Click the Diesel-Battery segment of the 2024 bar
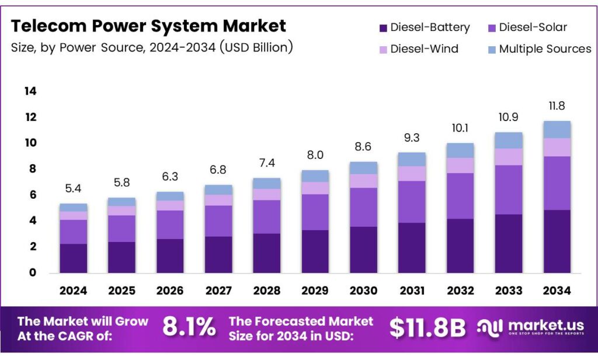point(74,258)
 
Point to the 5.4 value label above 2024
point(74,188)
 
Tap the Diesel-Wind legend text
point(424,49)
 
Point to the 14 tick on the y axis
point(30,91)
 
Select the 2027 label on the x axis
point(219,290)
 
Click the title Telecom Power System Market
point(149,26)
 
